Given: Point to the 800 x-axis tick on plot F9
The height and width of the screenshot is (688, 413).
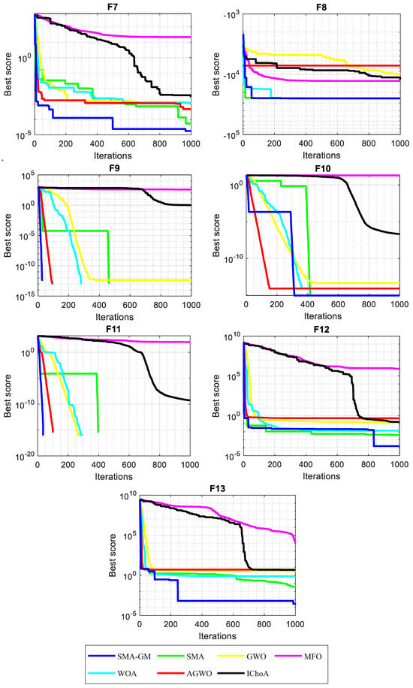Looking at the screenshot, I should tap(160, 303).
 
